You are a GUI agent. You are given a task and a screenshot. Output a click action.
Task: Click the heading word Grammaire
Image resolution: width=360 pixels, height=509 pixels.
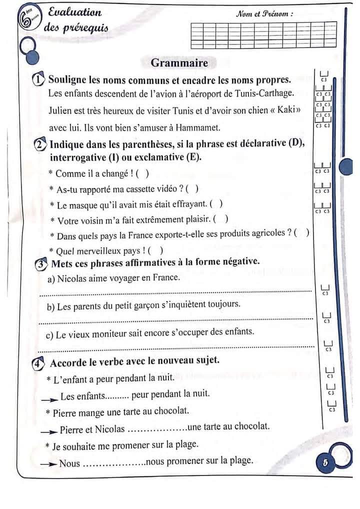179,63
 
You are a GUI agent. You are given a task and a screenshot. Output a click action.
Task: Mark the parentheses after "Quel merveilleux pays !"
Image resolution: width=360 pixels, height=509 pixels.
156,251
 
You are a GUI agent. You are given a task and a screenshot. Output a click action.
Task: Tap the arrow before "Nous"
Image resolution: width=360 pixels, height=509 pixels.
48,463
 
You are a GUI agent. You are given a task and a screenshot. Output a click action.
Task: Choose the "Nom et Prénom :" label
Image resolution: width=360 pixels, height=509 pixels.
264,14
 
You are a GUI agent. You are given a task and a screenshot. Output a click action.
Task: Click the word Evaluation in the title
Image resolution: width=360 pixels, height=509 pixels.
75,12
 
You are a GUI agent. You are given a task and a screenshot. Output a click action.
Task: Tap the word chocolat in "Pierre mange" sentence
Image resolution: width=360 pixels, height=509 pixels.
172,411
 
